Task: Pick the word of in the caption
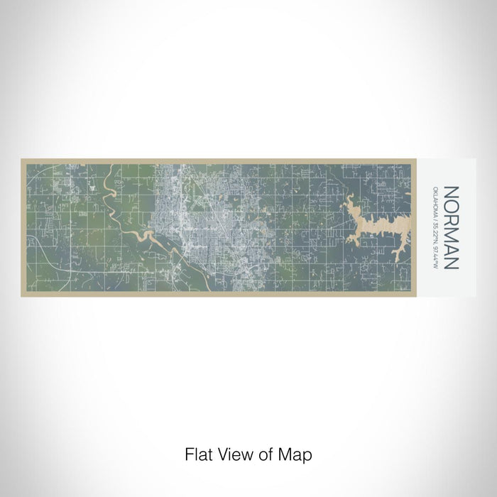pos(256,452)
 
